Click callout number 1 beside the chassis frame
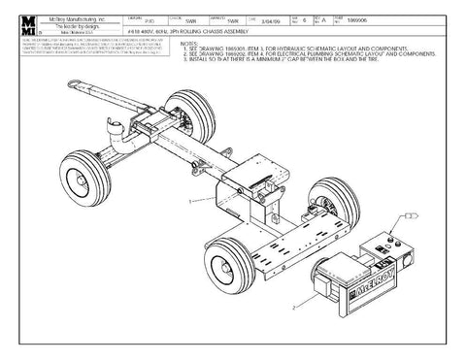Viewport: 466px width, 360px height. (x=192, y=198)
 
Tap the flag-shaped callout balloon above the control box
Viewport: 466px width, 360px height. (x=412, y=214)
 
